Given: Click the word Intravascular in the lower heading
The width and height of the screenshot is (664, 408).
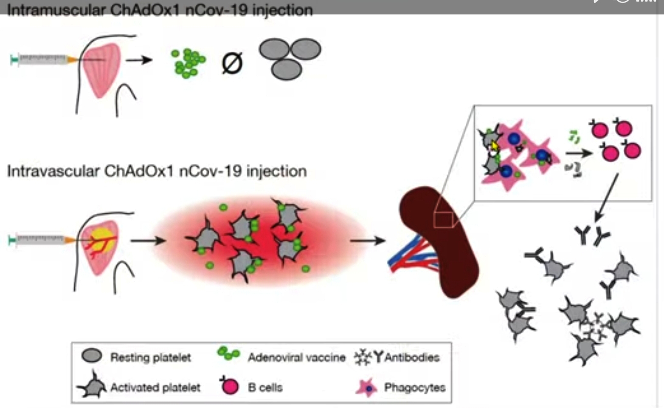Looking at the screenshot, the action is pos(53,171).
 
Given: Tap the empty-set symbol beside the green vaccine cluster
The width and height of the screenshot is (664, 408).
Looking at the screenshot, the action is pos(232,63).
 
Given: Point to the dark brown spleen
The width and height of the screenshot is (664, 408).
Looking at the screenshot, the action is pos(439,241).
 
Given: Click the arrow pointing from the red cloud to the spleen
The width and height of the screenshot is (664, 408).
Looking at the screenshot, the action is pos(368,241).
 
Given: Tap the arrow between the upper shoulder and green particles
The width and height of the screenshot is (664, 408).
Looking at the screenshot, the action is pos(139,60).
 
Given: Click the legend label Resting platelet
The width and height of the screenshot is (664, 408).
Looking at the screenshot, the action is pos(151,357).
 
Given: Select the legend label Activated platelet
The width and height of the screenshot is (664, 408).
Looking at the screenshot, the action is pos(155,388).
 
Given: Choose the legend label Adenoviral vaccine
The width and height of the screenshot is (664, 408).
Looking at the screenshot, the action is pos(297,357).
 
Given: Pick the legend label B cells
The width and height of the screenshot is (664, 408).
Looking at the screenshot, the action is pos(265,388).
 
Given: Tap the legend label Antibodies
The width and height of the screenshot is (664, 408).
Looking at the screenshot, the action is pos(412,357).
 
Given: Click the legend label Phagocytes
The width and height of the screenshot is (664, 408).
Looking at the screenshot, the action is pos(415,387).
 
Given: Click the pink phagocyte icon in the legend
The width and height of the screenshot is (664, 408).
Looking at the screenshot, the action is pos(367,388).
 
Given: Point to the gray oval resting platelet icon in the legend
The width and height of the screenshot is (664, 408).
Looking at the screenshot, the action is pos(92,355).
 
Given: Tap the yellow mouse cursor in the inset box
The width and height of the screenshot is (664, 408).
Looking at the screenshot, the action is pos(494,146).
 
